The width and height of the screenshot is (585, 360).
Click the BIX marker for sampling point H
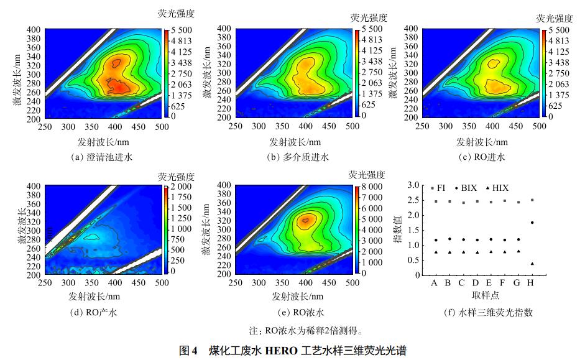point(532,223)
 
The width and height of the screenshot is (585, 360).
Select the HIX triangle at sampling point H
point(532,264)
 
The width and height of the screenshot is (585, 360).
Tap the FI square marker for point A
point(436,201)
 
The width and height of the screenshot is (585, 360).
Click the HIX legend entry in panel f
point(495,187)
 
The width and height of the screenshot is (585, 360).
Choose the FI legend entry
point(438,187)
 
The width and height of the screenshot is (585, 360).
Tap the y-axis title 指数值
point(397,229)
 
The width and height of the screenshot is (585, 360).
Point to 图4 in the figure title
point(187,349)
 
